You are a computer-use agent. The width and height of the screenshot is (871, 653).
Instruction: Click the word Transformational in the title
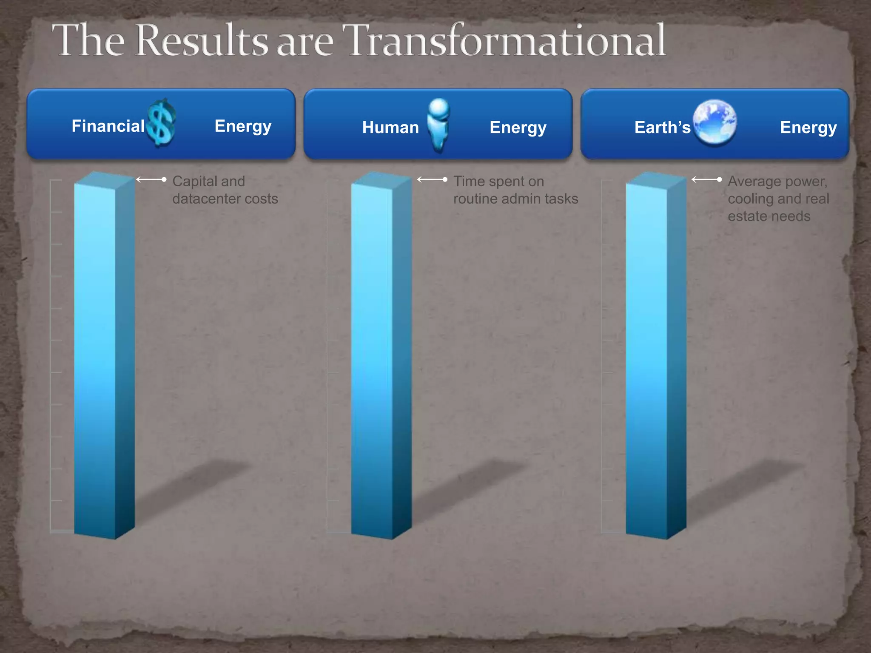click(x=506, y=40)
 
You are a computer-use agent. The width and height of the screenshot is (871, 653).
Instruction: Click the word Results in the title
click(x=202, y=40)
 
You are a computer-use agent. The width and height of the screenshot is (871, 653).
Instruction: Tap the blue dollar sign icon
click(x=161, y=123)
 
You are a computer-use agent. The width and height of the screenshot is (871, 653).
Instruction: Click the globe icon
click(x=715, y=122)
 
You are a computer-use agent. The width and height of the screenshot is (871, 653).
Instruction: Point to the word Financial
click(x=108, y=126)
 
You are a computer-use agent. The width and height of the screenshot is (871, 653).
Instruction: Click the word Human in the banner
click(x=390, y=128)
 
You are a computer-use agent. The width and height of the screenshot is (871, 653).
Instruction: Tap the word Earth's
click(x=662, y=128)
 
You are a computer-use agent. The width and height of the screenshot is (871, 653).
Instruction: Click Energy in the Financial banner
click(x=243, y=126)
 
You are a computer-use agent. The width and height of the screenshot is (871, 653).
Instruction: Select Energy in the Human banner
click(x=518, y=128)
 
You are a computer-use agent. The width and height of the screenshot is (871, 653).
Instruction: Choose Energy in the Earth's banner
click(x=808, y=128)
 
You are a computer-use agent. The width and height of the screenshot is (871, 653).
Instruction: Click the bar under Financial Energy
click(x=102, y=357)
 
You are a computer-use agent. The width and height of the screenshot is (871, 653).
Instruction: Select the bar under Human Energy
click(x=379, y=357)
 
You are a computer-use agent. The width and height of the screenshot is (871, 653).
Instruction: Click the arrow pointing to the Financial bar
click(x=151, y=180)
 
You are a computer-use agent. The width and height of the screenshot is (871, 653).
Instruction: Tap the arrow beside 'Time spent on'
click(x=432, y=180)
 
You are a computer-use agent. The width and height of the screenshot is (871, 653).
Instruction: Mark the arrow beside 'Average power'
click(x=706, y=180)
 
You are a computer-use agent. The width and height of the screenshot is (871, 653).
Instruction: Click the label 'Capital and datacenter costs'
click(x=225, y=190)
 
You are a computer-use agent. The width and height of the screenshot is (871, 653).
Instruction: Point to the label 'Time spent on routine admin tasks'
click(x=515, y=190)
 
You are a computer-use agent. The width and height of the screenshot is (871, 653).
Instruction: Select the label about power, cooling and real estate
click(x=778, y=199)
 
